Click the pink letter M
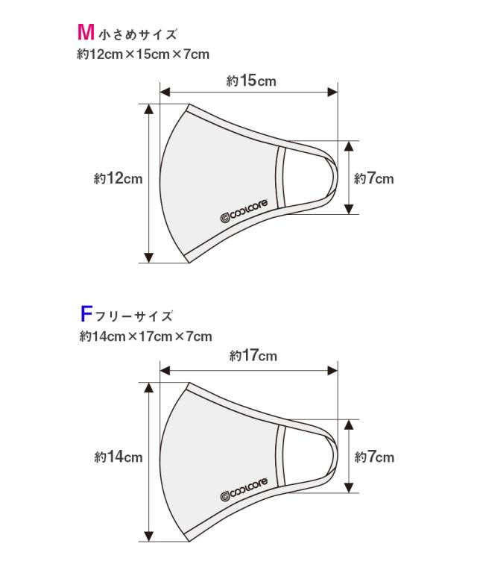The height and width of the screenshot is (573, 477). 86,32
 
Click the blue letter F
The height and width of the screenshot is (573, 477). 86,314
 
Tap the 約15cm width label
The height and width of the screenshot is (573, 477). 251,81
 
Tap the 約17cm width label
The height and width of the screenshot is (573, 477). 253,356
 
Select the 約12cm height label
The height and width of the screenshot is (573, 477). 118,179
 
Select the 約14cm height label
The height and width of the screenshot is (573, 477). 119,457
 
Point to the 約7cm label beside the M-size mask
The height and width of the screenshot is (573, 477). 373,179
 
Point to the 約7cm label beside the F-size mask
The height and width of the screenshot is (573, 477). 374,457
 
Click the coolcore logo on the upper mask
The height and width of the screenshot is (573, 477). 244,211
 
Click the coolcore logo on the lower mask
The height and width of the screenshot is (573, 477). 244,489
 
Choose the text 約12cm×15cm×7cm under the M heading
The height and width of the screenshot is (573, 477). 143,54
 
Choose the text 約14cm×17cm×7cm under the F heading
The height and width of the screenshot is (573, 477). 145,336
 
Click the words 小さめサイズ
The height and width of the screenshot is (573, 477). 138,34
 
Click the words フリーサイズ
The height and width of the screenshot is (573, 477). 133,316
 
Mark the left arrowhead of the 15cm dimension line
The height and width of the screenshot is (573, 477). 165,92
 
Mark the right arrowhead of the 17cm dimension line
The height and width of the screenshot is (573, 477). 332,371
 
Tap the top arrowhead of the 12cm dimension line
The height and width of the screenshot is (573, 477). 148,109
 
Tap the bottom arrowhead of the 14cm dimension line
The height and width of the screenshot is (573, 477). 148,536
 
